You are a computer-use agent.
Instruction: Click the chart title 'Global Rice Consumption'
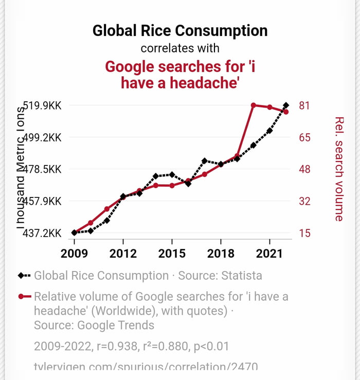click(180, 31)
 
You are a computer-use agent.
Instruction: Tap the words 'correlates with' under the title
click(180, 48)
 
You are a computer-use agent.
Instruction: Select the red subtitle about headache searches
click(180, 75)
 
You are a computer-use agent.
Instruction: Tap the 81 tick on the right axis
click(304, 106)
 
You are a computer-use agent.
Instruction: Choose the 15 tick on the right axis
click(304, 233)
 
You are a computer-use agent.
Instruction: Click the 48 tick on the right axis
click(304, 169)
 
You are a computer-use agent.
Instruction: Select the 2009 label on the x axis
click(74, 254)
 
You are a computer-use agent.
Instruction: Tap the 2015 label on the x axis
click(171, 254)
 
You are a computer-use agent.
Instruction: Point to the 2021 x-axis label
click(269, 254)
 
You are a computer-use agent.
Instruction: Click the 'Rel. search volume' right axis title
click(339, 169)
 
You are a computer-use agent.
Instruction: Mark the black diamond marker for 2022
click(286, 105)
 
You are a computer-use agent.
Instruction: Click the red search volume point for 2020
click(254, 105)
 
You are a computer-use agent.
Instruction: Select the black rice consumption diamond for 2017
click(204, 161)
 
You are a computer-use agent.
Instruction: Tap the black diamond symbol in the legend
click(21, 276)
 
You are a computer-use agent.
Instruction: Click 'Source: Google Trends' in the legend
click(94, 325)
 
